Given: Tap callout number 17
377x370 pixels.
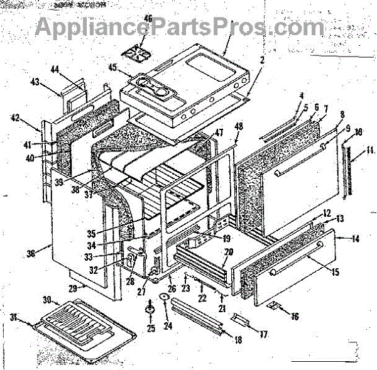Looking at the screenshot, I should [263, 335].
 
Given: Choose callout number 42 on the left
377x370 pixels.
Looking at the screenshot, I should [15, 117].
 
